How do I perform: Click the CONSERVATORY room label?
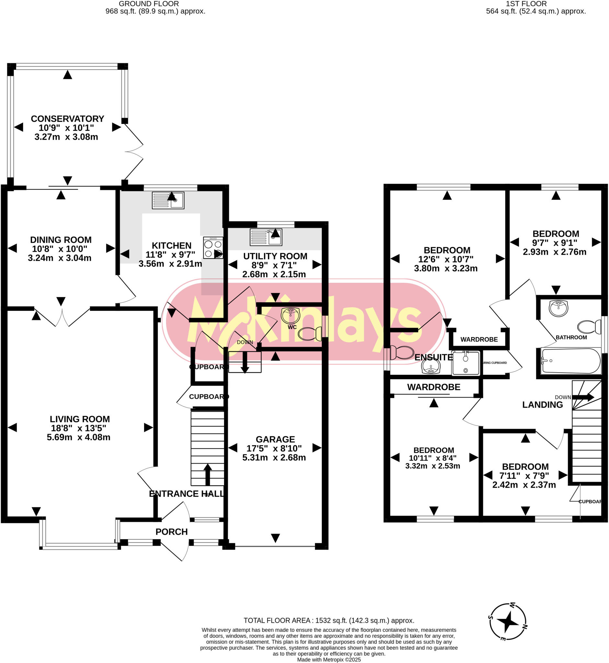[x=67, y=118]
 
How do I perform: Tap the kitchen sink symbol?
[x=168, y=200]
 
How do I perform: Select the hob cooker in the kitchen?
[x=213, y=247]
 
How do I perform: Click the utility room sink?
[x=265, y=237]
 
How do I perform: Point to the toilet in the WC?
[x=310, y=334]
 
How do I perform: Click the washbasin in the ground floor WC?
[x=290, y=315]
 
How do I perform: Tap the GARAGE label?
[x=275, y=439]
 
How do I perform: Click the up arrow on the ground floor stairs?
[x=207, y=475]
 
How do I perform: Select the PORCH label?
[x=171, y=532]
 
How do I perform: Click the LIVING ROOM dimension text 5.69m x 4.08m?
[x=78, y=437]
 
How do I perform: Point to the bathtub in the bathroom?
[x=571, y=361]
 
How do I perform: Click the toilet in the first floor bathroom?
[x=589, y=327]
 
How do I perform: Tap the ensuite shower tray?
[x=466, y=363]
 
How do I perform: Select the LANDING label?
[x=542, y=405]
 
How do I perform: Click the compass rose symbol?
[x=508, y=622]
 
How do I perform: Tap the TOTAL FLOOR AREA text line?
[x=329, y=621]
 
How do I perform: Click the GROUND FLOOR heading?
[x=149, y=4]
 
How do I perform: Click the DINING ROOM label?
[x=61, y=240]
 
